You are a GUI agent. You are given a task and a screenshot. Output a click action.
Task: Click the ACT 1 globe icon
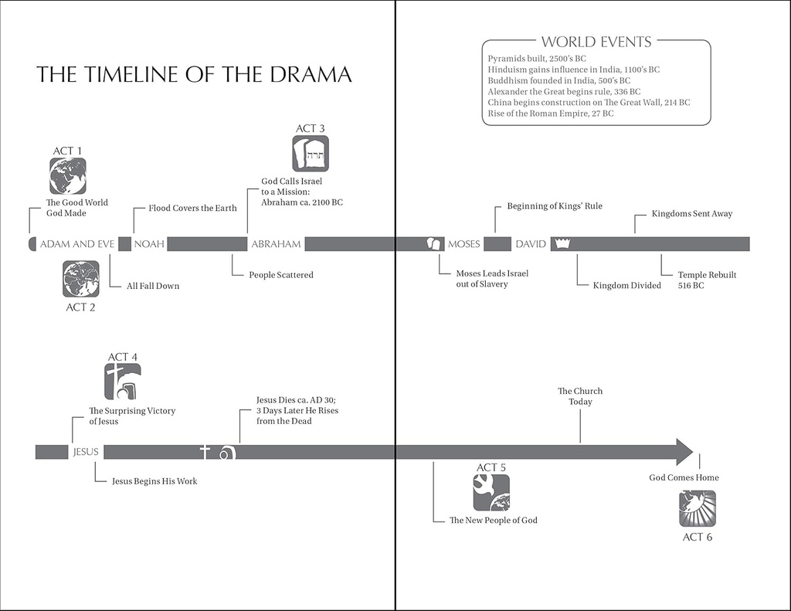(x=68, y=176)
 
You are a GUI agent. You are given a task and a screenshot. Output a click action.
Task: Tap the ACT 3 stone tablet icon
(x=311, y=154)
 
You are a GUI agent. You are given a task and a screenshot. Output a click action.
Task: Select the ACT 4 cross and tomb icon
(x=123, y=382)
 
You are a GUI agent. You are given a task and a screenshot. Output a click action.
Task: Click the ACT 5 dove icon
(x=491, y=493)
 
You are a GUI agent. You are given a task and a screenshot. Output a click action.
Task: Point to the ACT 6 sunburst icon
(x=698, y=508)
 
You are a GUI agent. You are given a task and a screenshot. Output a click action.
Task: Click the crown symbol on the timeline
(x=562, y=244)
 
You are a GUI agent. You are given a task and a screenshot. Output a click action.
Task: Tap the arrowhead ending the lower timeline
(x=684, y=452)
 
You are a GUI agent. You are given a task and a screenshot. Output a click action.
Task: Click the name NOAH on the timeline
(x=149, y=244)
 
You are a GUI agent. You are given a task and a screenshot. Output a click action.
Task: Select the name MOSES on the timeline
(x=464, y=244)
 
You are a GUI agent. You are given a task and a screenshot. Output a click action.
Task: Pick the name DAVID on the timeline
(x=531, y=244)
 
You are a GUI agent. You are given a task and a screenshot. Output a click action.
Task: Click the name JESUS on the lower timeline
(x=86, y=452)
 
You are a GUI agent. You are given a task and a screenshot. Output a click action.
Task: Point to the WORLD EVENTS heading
(x=596, y=42)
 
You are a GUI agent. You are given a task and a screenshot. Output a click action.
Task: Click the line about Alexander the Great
(x=564, y=92)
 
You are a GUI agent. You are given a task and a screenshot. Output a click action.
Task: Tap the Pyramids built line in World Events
(x=537, y=59)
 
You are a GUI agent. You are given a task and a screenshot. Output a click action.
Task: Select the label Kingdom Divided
(x=627, y=286)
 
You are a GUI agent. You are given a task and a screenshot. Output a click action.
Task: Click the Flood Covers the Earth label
(x=192, y=208)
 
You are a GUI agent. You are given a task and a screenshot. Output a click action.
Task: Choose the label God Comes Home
(x=684, y=477)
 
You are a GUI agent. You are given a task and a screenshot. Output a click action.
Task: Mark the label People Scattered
(x=281, y=275)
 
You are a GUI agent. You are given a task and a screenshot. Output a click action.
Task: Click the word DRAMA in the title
(x=311, y=74)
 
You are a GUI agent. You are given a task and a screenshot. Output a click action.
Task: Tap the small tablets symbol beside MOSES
(x=434, y=244)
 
